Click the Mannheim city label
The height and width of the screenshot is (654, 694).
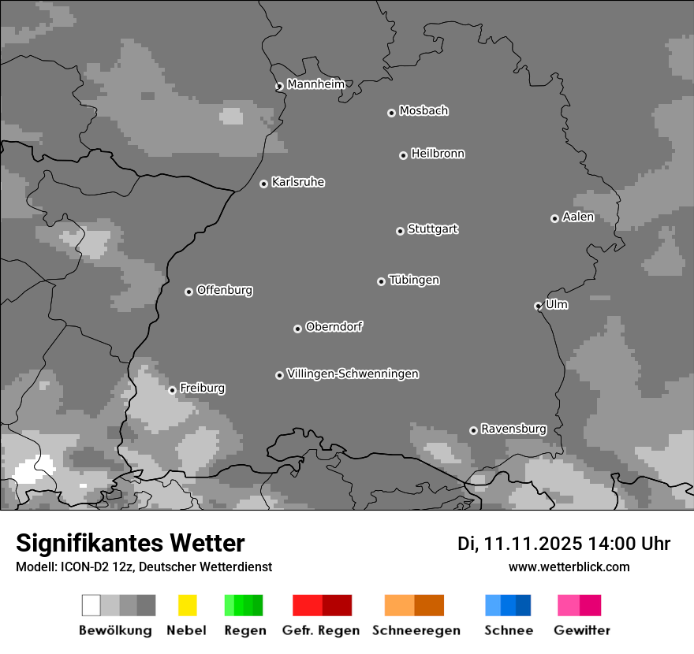[315, 84]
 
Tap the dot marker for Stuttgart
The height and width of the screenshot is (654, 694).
[400, 231]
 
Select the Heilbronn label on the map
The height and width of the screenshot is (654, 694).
[438, 154]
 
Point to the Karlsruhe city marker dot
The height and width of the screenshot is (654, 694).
[263, 184]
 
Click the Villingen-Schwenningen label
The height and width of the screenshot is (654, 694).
[353, 373]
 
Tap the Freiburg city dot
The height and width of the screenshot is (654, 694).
[172, 390]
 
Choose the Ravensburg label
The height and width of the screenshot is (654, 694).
[513, 429]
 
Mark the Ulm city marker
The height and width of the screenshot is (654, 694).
[538, 306]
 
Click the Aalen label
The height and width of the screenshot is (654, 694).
[578, 217]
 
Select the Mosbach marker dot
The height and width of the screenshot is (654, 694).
[391, 113]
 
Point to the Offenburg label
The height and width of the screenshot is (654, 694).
[225, 290]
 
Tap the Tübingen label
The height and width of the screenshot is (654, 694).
[414, 280]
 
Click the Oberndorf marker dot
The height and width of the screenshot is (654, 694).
[297, 329]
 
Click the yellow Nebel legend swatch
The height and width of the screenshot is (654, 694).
[188, 605]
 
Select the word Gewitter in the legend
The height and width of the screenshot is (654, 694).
[582, 630]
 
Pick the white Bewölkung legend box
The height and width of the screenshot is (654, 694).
[91, 605]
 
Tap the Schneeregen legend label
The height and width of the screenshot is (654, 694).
[416, 630]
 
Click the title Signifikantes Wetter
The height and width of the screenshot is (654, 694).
[130, 543]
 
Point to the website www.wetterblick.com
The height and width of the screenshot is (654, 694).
[569, 567]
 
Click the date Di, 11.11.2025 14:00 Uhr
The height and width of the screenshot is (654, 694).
[564, 544]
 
